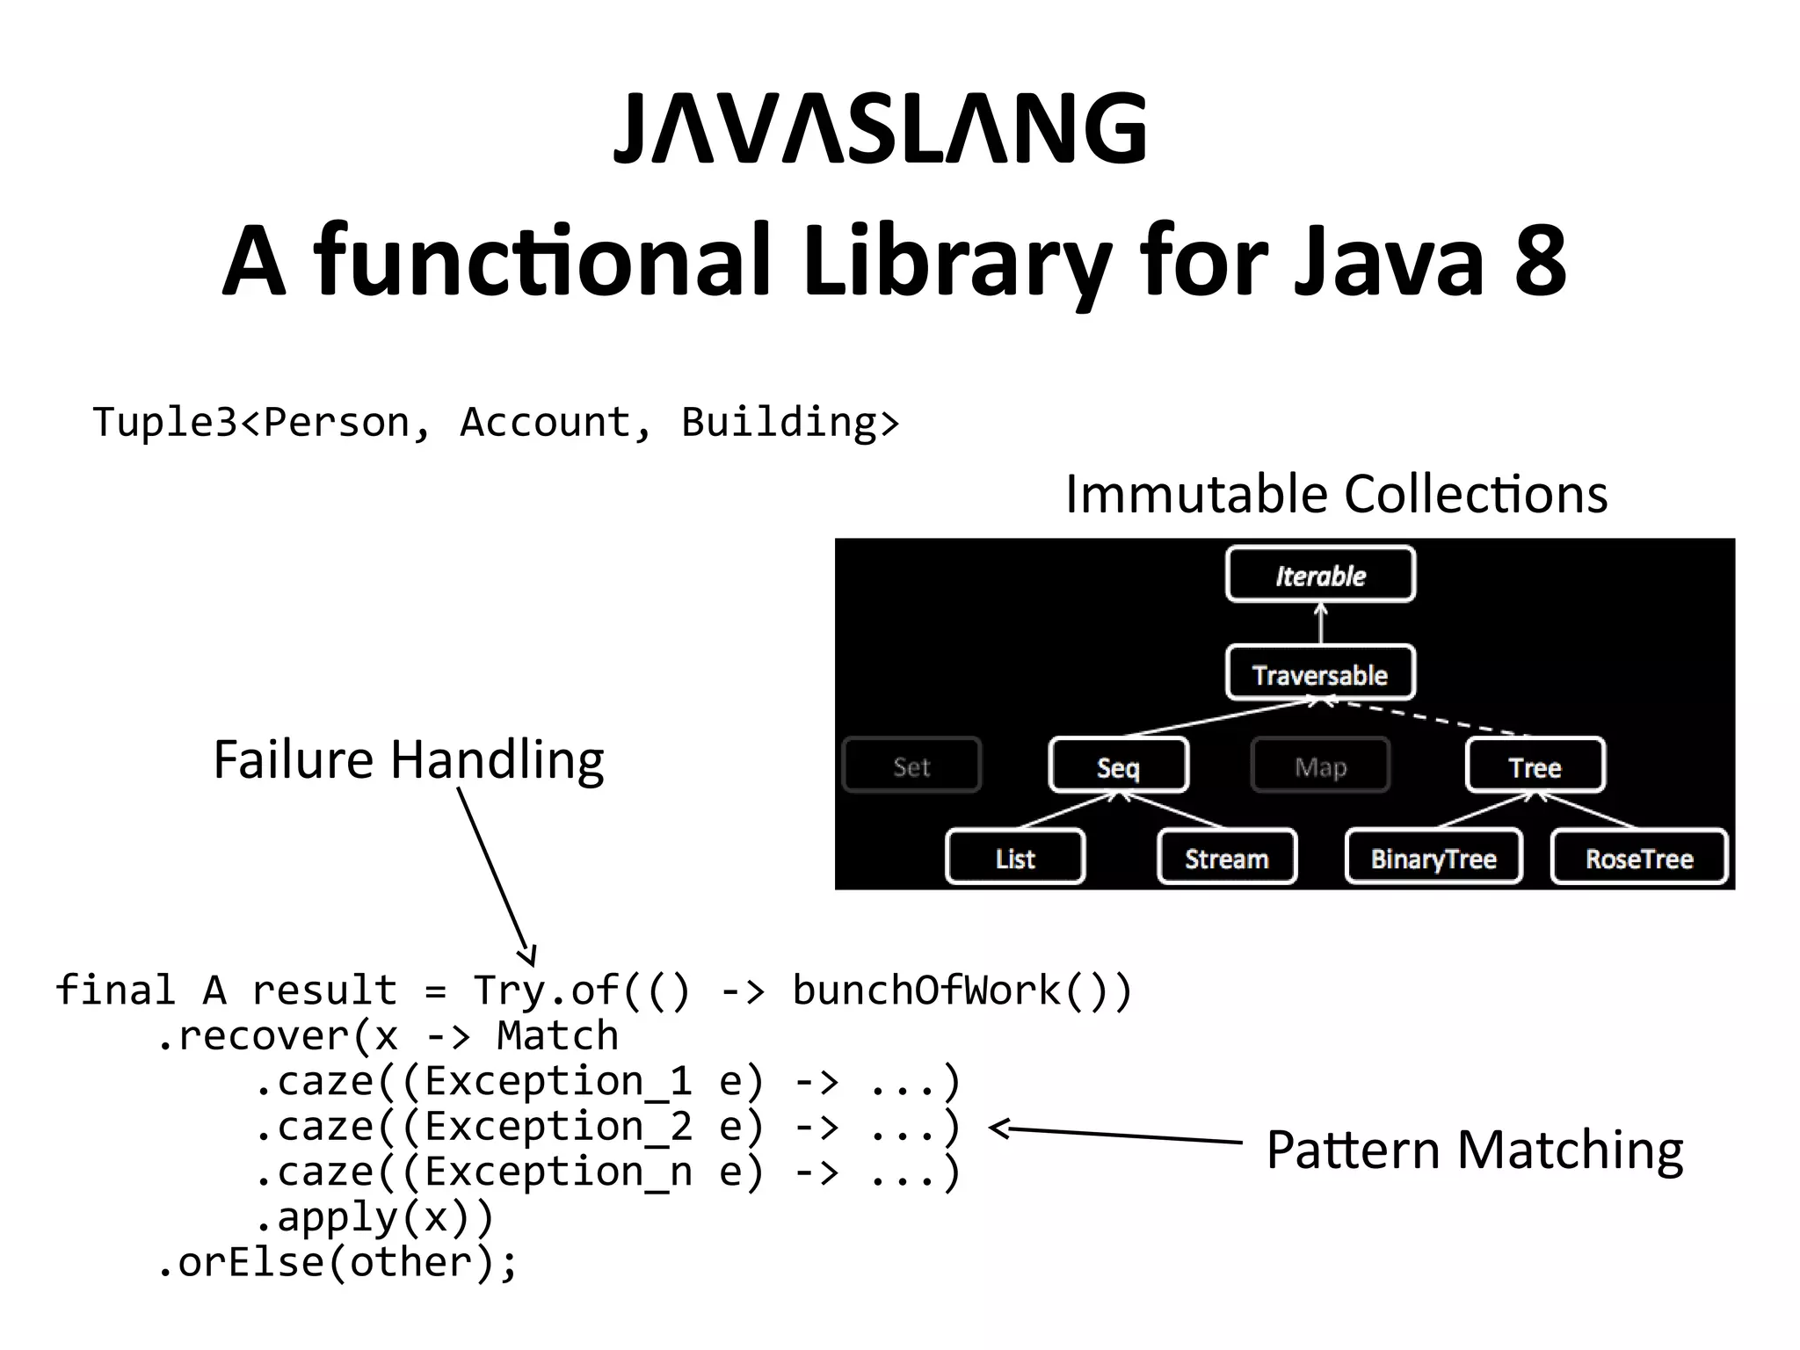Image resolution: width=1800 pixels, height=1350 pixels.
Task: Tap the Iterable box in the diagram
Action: (x=1320, y=575)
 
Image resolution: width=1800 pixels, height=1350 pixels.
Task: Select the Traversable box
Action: (x=1320, y=674)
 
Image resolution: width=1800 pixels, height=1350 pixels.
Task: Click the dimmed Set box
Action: (x=911, y=766)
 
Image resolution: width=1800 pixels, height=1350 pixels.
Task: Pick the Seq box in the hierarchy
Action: (x=1118, y=766)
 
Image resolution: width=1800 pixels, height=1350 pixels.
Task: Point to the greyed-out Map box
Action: (x=1320, y=766)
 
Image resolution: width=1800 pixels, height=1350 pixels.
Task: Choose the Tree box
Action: (x=1535, y=766)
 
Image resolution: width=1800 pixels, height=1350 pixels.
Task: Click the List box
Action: (x=1015, y=858)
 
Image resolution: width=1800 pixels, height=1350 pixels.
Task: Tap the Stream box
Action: (x=1227, y=858)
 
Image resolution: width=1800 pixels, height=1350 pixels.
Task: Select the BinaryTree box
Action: (x=1433, y=858)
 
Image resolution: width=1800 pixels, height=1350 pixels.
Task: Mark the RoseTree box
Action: (x=1639, y=858)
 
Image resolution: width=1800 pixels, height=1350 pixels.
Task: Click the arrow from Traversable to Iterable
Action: (x=1320, y=624)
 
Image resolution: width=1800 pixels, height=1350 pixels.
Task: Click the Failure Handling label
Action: (x=409, y=759)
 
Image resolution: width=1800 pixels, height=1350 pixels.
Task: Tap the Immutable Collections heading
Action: (x=1336, y=493)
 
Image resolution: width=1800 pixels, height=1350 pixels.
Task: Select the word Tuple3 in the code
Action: (x=164, y=422)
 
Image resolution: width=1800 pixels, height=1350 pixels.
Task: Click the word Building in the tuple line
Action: (x=779, y=422)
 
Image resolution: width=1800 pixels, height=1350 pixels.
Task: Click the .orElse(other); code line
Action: (x=338, y=1263)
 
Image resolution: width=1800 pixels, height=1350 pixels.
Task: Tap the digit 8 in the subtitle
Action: (x=1541, y=260)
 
